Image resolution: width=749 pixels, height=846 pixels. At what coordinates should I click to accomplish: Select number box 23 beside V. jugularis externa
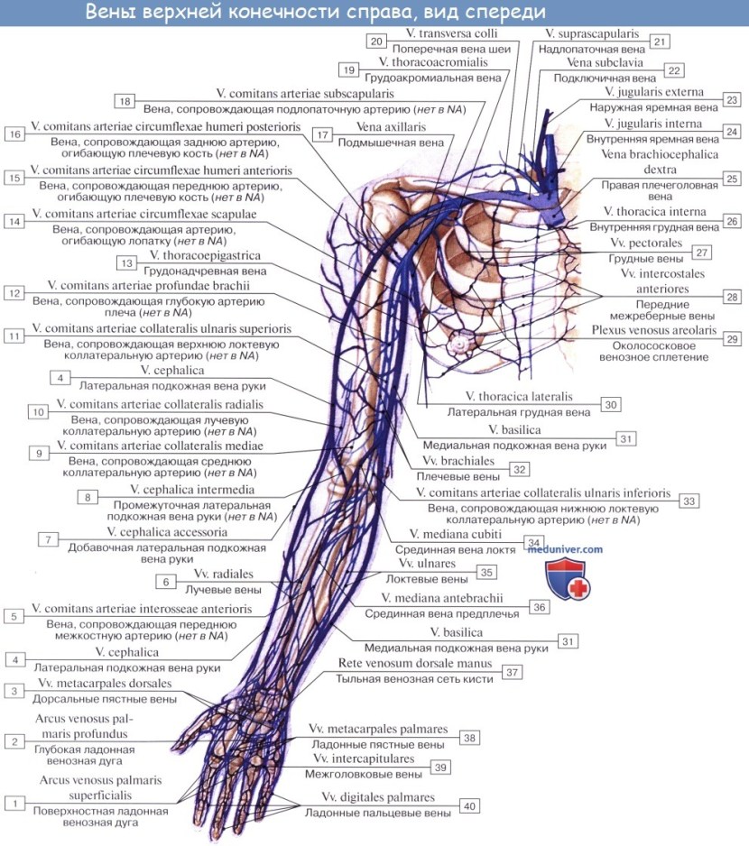731,100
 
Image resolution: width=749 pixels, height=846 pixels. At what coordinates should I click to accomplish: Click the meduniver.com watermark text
567,548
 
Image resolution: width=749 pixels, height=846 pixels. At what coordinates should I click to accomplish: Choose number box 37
512,672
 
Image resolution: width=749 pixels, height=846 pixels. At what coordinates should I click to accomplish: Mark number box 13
125,262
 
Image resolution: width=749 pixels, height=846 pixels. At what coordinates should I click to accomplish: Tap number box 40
469,805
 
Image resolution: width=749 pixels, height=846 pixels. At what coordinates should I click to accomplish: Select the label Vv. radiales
222,574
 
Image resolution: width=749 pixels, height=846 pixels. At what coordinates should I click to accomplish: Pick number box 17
321,133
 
